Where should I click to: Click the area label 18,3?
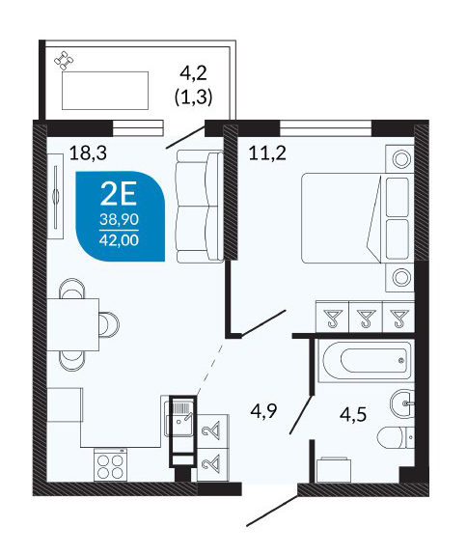pyautogui.click(x=88, y=153)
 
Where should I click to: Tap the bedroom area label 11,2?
pyautogui.click(x=267, y=153)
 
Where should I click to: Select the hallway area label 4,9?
pyautogui.click(x=263, y=411)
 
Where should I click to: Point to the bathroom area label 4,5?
pyautogui.click(x=353, y=414)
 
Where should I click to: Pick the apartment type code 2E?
pyautogui.click(x=118, y=194)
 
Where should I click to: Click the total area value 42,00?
pyautogui.click(x=119, y=240)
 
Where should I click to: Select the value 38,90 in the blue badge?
pyautogui.click(x=119, y=219)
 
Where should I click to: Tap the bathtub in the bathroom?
pyautogui.click(x=366, y=360)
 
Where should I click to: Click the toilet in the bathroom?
pyautogui.click(x=396, y=437)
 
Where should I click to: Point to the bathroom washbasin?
pyautogui.click(x=402, y=402)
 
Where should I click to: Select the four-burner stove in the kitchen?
pyautogui.click(x=110, y=465)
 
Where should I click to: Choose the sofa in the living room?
pyautogui.click(x=201, y=207)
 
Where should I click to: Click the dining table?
pyautogui.click(x=73, y=324)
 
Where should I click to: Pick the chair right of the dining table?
pyautogui.click(x=109, y=324)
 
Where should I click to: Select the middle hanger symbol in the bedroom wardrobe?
pyautogui.click(x=366, y=318)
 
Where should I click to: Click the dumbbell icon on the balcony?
pyautogui.click(x=64, y=61)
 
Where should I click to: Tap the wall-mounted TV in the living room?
pyautogui.click(x=56, y=197)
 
